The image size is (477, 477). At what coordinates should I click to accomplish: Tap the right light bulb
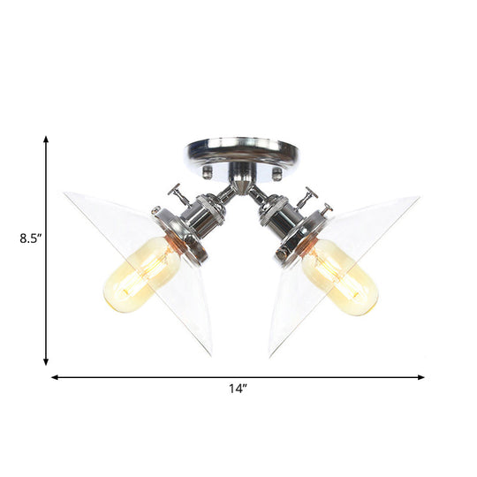339,277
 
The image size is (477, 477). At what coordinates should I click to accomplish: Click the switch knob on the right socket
310,195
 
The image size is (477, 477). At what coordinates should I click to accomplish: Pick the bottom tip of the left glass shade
211,354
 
